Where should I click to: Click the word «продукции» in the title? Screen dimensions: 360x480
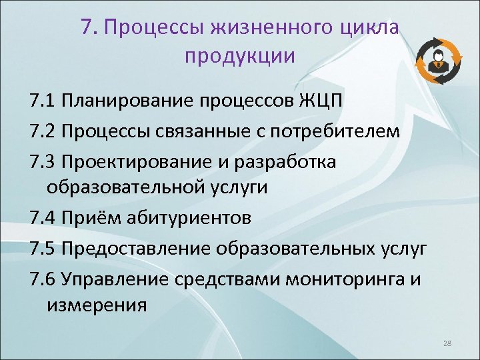point(239,56)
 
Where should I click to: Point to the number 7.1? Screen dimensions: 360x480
point(42,101)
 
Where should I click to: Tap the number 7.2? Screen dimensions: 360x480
point(42,131)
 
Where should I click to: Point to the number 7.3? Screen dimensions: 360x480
point(42,160)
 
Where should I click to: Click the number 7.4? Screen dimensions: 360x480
point(42,217)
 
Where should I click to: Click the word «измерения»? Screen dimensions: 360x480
point(96,305)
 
